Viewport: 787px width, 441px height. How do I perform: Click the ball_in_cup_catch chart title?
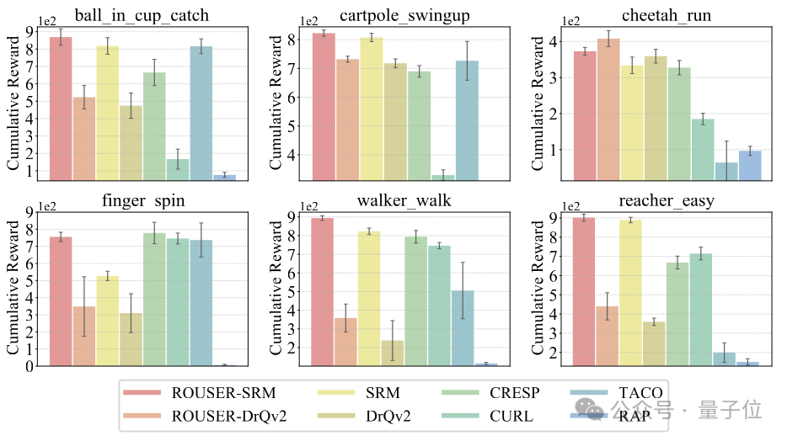pyautogui.click(x=141, y=13)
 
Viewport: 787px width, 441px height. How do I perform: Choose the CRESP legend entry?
pyautogui.click(x=513, y=391)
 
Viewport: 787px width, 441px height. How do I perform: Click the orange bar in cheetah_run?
pyautogui.click(x=608, y=109)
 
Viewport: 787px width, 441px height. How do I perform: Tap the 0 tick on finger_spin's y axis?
pyautogui.click(x=30, y=366)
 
